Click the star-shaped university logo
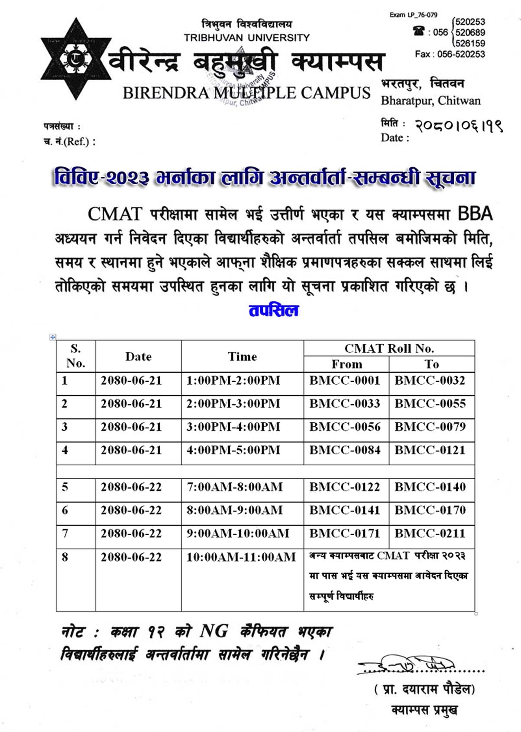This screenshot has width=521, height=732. pyautogui.click(x=76, y=59)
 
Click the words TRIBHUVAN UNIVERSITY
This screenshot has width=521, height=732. pyautogui.click(x=246, y=38)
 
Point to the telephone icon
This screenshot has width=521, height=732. pyautogui.click(x=418, y=31)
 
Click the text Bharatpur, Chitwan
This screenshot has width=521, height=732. pyautogui.click(x=430, y=101)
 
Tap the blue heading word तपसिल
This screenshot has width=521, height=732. pyautogui.click(x=274, y=310)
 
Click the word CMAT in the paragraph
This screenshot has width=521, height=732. pyautogui.click(x=115, y=214)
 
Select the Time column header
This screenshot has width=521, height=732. pyautogui.click(x=242, y=356)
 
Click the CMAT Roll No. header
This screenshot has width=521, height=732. pyautogui.click(x=389, y=348)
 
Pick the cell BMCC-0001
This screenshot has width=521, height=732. pyautogui.click(x=344, y=380)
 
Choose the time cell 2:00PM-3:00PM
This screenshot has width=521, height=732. pyautogui.click(x=233, y=404)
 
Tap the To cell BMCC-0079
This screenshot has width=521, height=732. pyautogui.click(x=430, y=427)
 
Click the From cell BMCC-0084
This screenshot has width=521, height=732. pyautogui.click(x=344, y=450)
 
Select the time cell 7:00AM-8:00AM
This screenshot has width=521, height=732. pyautogui.click(x=234, y=487)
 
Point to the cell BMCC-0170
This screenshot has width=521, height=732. pyautogui.click(x=430, y=510)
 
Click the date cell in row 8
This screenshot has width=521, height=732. pyautogui.click(x=131, y=557)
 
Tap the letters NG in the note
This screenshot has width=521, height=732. pyautogui.click(x=214, y=631)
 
